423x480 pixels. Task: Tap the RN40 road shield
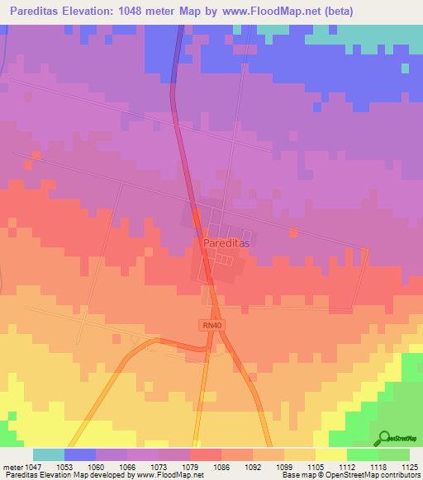click(211, 325)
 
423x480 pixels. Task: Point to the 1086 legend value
click(205, 467)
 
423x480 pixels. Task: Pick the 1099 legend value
click(269, 467)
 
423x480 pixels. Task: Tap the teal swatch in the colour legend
click(48, 454)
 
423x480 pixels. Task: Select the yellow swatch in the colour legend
click(330, 454)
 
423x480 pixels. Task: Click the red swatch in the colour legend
click(205, 454)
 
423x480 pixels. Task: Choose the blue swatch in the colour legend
click(79, 454)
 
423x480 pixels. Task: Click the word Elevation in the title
click(90, 11)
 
